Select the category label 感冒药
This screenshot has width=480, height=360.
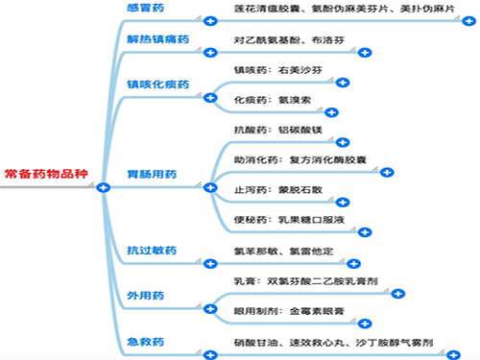tap(146, 7)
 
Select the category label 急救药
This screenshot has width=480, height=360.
tap(146, 342)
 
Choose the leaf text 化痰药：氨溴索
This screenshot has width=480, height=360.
tap(270, 99)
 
